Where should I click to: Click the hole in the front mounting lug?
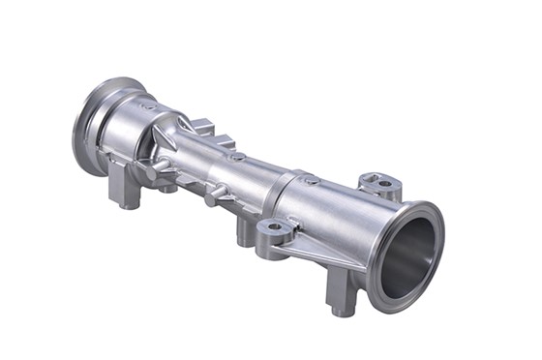point(274,228)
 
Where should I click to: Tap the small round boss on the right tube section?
point(312,180)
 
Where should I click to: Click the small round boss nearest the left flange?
point(147,104)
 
